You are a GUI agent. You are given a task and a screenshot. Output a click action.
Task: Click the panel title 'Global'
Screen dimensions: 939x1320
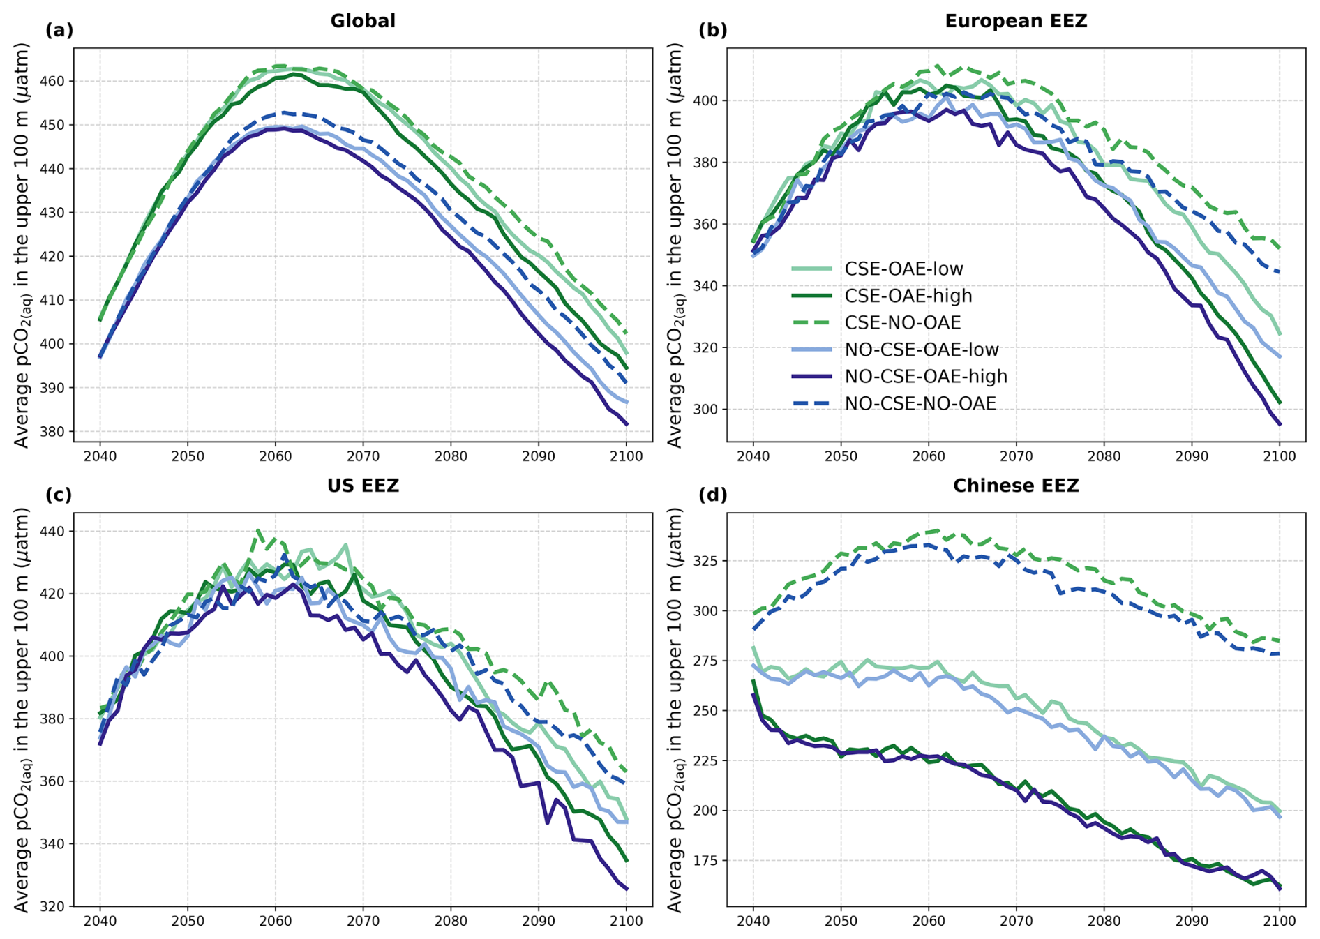363,21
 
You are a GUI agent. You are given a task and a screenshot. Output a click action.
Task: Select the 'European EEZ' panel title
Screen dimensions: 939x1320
1016,21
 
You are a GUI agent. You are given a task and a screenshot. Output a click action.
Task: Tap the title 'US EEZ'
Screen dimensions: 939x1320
363,486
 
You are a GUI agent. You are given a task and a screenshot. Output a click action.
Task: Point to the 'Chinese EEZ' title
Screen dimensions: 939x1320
1016,486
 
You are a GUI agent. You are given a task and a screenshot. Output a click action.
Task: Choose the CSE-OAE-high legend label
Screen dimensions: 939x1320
908,296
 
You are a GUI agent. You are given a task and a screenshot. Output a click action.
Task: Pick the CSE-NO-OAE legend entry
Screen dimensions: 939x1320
902,323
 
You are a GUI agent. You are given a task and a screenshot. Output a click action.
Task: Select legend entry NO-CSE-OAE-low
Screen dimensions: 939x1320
921,350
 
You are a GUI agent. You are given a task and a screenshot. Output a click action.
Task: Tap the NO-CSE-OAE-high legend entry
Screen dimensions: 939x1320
926,377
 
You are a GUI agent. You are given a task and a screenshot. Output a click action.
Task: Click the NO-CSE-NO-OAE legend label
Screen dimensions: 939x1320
920,404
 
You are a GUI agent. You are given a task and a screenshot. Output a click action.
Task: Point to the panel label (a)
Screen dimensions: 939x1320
59,30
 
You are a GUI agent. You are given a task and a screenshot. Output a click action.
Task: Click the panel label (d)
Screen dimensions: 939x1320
712,495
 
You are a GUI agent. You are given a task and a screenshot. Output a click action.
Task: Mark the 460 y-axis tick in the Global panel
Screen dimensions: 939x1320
54,82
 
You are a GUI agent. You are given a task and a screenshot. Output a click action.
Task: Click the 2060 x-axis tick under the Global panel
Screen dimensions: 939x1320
275,456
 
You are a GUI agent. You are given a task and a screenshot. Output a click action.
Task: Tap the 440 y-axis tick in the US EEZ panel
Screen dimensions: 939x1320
54,532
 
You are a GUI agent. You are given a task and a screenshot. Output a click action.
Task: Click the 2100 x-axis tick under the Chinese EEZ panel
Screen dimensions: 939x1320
1280,921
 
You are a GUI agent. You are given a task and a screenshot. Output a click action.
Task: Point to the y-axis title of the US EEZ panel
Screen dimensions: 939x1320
22,709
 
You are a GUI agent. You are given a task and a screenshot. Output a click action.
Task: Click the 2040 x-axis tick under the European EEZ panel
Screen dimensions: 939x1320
753,456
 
